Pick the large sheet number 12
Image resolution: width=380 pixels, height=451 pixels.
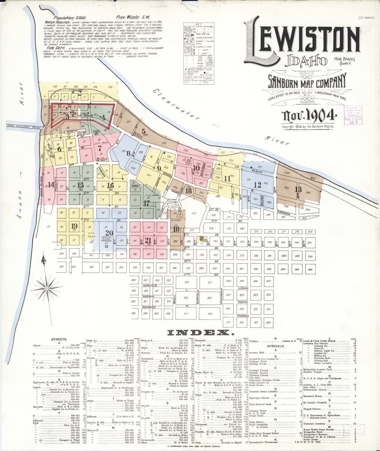tap(257, 185)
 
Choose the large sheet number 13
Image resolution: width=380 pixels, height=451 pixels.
tap(298, 189)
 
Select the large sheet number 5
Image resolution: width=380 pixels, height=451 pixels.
tap(144, 131)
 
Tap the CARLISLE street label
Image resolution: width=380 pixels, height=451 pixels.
tap(149, 286)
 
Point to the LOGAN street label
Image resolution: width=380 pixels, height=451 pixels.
tap(244, 288)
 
